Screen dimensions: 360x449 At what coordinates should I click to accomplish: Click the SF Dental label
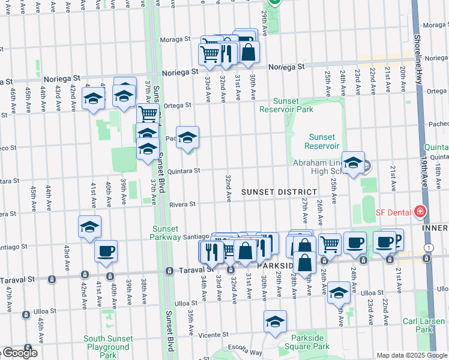point(393,212)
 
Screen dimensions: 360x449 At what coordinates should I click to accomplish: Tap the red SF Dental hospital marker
point(420,212)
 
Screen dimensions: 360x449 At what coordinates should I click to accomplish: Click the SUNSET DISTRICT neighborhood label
point(279,191)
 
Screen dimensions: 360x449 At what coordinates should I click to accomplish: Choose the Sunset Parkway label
point(166,233)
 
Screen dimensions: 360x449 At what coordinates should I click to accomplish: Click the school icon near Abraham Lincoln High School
point(354,162)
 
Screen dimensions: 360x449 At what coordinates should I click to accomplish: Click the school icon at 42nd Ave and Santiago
point(89,227)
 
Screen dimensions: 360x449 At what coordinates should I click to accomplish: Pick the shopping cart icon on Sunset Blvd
point(148,113)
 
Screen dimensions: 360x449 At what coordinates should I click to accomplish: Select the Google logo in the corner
point(19,353)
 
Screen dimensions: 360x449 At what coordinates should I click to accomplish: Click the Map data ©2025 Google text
point(411,355)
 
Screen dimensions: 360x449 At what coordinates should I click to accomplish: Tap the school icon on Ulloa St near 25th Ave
point(339,293)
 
